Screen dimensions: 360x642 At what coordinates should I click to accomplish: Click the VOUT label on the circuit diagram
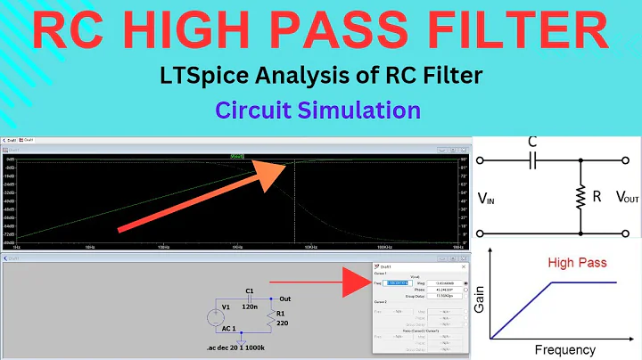pyautogui.click(x=614, y=198)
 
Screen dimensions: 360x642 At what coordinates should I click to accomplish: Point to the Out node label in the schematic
pyautogui.click(x=285, y=299)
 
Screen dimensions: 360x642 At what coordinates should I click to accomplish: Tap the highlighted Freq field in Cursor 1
pyautogui.click(x=396, y=283)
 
